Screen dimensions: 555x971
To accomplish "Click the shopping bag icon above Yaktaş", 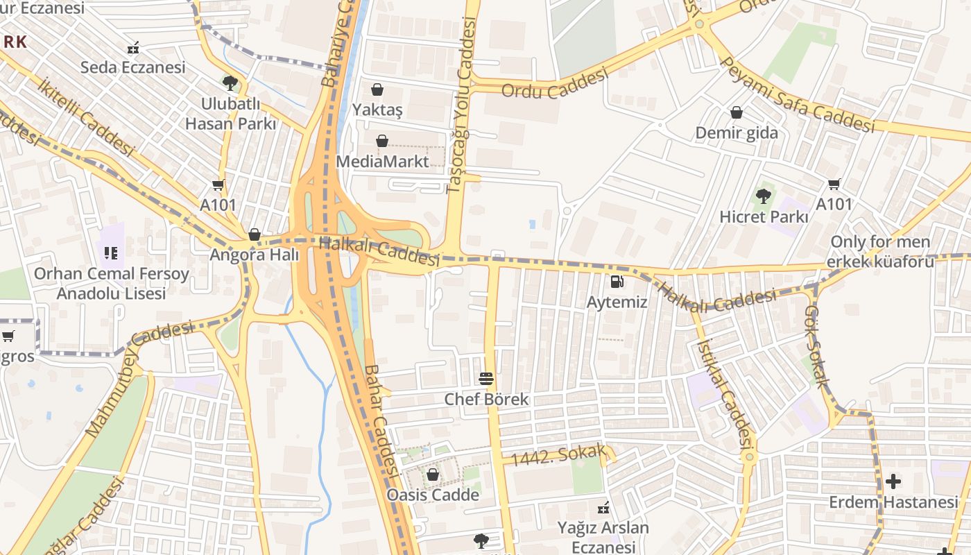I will [377, 89].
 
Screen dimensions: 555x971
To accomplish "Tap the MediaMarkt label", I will [382, 162].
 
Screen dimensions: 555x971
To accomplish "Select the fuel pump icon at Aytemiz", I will [617, 282].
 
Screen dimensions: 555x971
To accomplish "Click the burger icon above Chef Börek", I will [487, 379].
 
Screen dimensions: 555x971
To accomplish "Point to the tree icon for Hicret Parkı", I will [764, 196].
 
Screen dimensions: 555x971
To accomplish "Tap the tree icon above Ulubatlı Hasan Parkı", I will [230, 84].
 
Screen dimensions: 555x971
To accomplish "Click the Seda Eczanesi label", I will [133, 67].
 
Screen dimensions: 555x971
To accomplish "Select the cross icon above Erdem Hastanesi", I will [893, 481].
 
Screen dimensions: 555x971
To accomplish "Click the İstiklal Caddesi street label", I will [725, 393].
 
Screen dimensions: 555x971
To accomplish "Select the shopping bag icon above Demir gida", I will [737, 112].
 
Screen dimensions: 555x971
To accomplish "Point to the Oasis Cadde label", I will [433, 495].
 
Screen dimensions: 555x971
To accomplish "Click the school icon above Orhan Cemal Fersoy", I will [112, 253].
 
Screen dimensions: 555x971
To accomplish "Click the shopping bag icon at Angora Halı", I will [255, 234].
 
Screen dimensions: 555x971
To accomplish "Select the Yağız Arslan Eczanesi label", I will [603, 537].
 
